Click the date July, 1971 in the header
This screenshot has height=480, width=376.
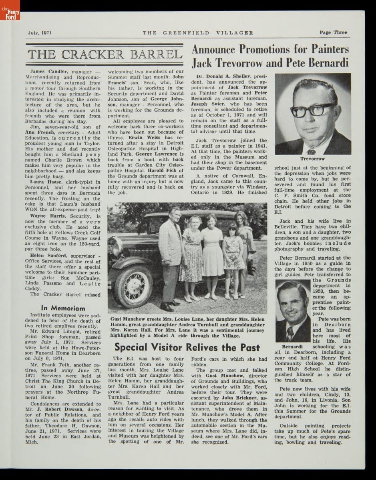[40, 33]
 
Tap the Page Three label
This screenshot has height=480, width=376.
[333, 32]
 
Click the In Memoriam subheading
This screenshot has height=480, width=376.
[63, 308]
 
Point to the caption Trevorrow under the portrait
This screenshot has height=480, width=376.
[312, 159]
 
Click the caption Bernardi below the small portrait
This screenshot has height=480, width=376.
[292, 346]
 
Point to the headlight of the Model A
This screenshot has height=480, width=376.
[117, 248]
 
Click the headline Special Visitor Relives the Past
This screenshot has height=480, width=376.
[187, 347]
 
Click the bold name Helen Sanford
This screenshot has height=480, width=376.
[48, 256]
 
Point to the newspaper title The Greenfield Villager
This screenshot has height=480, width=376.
[198, 33]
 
